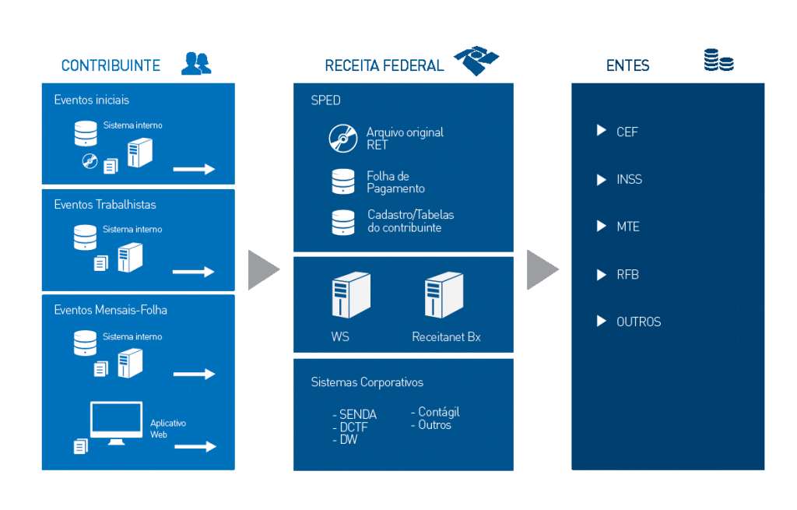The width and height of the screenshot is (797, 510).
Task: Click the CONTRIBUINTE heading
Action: click(111, 65)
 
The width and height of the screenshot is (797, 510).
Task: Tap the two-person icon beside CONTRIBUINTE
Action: click(196, 63)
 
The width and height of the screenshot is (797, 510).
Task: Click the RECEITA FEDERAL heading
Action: click(384, 65)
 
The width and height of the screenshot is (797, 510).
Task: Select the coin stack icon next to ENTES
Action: click(718, 61)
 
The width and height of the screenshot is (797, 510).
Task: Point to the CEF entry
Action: click(627, 132)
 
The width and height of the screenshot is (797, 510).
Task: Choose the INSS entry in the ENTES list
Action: click(629, 180)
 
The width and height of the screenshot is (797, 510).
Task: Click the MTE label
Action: click(627, 227)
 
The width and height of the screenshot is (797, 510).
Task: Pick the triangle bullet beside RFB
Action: click(601, 274)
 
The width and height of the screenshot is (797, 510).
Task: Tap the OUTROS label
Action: click(638, 322)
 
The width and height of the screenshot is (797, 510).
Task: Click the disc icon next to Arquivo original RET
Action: click(342, 139)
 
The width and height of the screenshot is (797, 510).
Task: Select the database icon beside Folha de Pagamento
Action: click(342, 181)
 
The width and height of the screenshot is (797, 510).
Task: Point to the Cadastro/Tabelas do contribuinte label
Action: click(410, 221)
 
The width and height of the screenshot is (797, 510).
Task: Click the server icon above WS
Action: click(350, 295)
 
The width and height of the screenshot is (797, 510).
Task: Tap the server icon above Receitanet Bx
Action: click(444, 295)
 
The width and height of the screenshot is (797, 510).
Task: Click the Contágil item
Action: click(437, 412)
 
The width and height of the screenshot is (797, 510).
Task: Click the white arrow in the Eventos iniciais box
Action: click(194, 169)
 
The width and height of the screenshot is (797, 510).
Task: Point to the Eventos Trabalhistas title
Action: click(105, 205)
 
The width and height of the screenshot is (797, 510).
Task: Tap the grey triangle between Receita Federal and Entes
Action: click(542, 269)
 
